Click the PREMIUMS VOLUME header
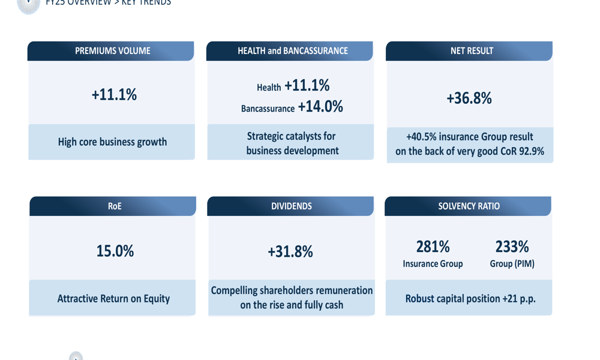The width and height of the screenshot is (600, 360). pos(112,51)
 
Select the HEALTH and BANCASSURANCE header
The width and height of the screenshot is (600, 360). pos(292,51)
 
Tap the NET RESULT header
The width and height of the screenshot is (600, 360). pos(472,51)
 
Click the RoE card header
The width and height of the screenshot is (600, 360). pos(115,206)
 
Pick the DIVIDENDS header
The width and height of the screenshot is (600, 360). pos(291,206)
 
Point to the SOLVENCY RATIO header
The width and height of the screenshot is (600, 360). pos(469,206)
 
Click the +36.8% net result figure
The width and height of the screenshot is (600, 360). pos(469,98)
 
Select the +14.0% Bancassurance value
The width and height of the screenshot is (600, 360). pos(320,107)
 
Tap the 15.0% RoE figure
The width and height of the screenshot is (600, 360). pos(115,251)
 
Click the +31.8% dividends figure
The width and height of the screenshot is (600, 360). pos(290,251)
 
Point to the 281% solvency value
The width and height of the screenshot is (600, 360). pos(433,247)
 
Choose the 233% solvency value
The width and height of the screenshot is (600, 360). pos(512,247)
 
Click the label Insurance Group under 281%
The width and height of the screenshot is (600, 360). pos(433,264)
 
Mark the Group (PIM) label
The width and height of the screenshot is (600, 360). pos(512,264)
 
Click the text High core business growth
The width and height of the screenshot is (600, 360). pos(112,142)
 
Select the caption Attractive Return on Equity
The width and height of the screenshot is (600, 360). pos(113,298)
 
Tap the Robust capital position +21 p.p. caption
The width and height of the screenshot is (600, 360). pos(469,298)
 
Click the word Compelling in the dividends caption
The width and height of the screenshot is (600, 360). pos(234,290)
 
